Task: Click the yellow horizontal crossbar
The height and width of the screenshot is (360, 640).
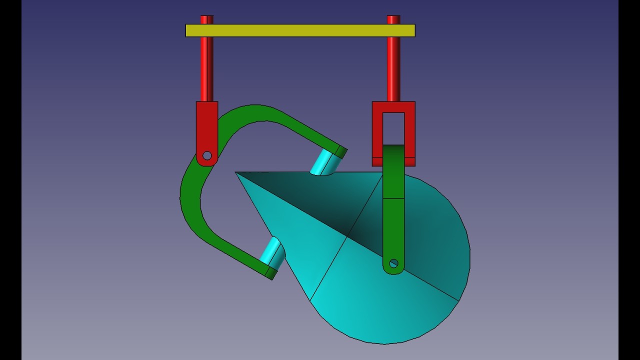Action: tap(300, 30)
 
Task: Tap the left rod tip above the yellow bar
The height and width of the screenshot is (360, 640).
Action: tap(206, 19)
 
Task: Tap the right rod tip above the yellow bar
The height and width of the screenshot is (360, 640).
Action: tap(393, 19)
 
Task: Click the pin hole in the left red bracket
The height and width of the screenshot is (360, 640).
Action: tap(207, 155)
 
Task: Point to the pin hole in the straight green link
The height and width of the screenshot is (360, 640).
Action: tap(393, 263)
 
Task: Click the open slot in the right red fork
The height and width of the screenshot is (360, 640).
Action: tap(393, 128)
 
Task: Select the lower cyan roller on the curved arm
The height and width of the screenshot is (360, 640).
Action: tap(272, 252)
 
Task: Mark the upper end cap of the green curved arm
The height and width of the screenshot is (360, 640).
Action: tap(341, 151)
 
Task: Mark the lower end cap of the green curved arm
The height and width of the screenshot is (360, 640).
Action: tap(271, 273)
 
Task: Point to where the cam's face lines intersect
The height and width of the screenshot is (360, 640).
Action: tap(347, 236)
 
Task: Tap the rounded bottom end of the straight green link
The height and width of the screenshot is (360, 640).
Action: tap(393, 270)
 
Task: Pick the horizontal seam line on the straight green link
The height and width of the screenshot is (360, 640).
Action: tap(393, 198)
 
